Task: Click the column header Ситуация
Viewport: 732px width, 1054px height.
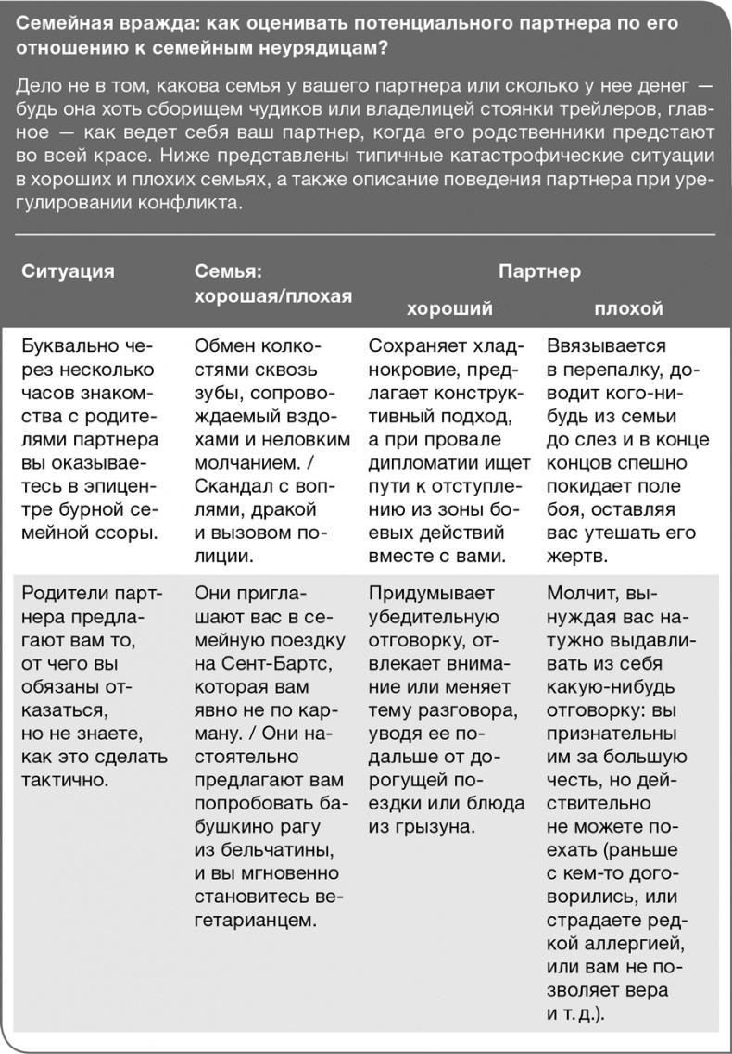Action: click(x=68, y=271)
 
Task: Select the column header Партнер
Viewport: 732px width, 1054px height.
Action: click(x=539, y=271)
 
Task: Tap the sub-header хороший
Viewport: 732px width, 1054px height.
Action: click(x=449, y=308)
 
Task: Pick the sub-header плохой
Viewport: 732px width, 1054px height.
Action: click(x=628, y=308)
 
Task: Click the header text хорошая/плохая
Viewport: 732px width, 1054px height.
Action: click(x=273, y=295)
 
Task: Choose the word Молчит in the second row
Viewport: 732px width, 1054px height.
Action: click(x=582, y=593)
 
